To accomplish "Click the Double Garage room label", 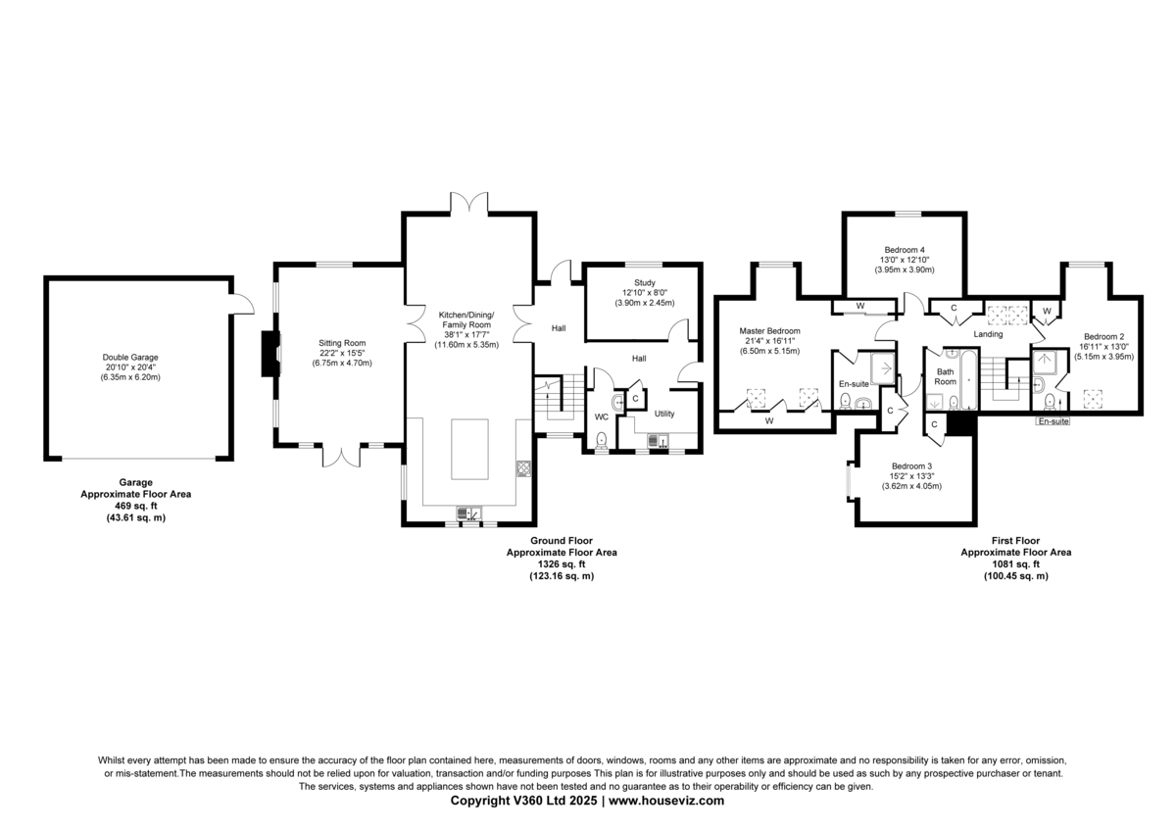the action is coord(130,358).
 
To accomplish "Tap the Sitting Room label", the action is coord(342,343).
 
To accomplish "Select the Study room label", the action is coord(645,283).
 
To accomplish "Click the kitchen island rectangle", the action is coord(469,449).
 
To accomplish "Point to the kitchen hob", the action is coord(523,468).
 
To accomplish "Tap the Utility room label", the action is coord(664,414).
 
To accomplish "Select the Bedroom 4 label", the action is coord(905,250).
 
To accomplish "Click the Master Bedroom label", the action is coord(769,331).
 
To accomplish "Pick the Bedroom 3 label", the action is coord(912,466).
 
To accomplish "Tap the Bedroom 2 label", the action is coord(1104,336).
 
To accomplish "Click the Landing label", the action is coord(988,334).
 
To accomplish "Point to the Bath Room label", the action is coord(945,377).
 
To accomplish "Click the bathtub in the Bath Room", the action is coord(968,379).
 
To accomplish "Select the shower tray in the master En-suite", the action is coord(883,369).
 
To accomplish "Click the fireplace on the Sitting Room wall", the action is coord(270,354).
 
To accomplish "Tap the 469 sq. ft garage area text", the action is coord(136,506).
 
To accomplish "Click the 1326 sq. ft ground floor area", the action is coord(562,564).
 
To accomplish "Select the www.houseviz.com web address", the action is coord(666,801).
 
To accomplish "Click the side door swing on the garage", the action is coord(243,304).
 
